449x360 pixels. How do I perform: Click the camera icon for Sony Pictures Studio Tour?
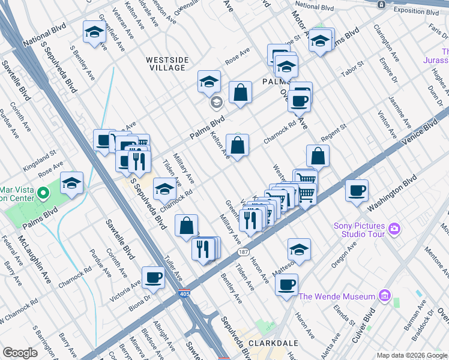(394, 228)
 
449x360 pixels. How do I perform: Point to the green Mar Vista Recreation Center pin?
(43, 193)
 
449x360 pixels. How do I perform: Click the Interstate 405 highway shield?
(184, 294)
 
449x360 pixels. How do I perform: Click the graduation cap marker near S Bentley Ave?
(94, 33)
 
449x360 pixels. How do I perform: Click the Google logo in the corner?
(20, 353)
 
